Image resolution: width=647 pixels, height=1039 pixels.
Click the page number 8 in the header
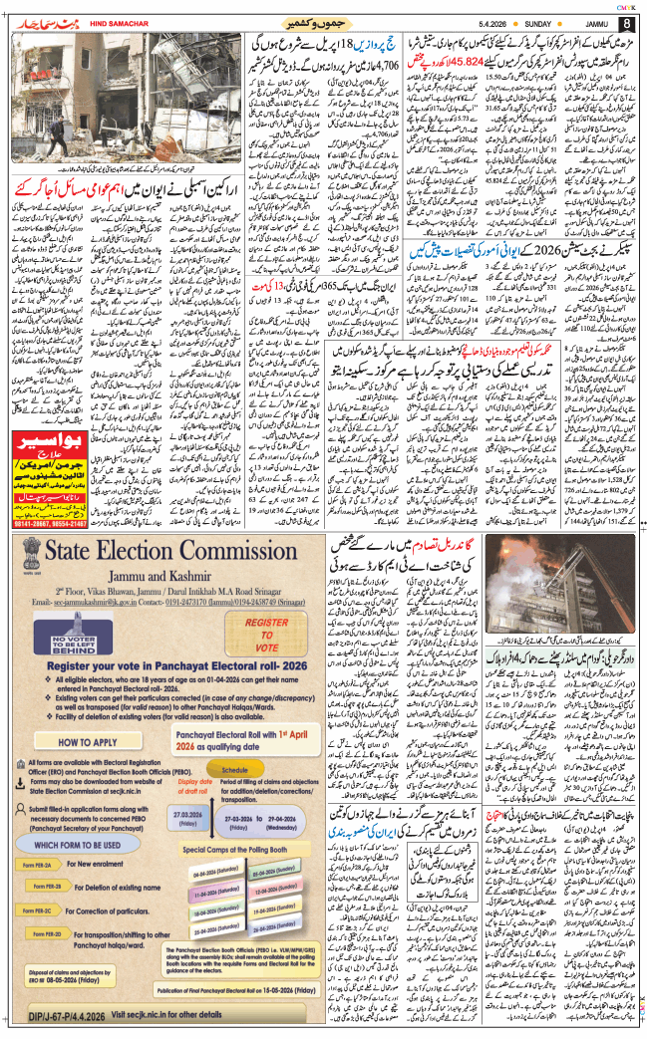coord(627,23)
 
